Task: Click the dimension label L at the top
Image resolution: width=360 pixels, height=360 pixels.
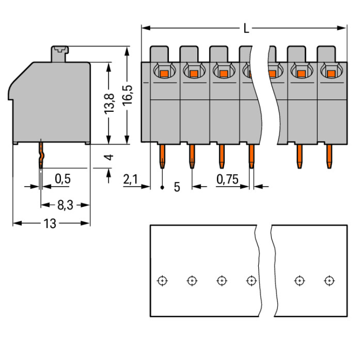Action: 246,29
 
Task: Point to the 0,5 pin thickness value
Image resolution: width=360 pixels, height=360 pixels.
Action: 62,179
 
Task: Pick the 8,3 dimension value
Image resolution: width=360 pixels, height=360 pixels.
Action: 65,205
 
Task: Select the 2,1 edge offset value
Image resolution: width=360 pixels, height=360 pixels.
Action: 131,180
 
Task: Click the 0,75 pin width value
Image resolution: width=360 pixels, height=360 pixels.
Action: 228,180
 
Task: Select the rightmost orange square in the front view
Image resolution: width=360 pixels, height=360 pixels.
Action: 331,73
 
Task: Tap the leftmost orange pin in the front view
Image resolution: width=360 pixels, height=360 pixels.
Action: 163,156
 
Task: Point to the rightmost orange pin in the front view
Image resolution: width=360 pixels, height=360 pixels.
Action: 329,156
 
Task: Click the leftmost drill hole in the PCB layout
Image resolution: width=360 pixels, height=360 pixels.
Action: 163,280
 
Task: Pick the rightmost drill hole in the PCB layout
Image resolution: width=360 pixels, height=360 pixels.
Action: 329,280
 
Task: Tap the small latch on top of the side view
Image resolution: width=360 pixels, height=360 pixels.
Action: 60,49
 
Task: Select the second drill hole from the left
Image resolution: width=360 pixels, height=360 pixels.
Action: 192,280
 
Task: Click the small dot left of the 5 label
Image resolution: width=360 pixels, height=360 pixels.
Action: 163,187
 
